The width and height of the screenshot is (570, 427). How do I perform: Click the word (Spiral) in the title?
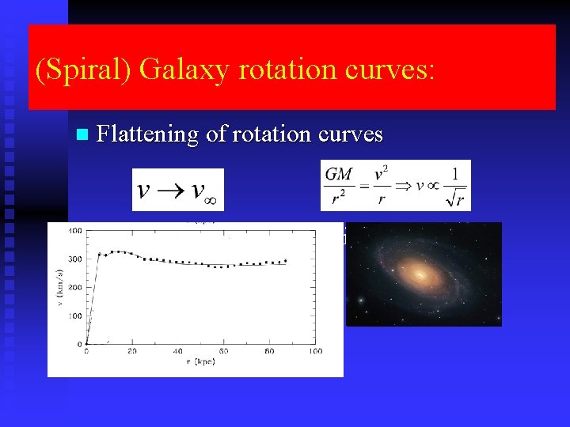click(x=84, y=70)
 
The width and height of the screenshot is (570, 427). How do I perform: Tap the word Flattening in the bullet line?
click(x=147, y=134)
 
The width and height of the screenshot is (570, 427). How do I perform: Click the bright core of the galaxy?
click(x=420, y=274)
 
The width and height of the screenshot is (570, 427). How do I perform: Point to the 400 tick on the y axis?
click(x=75, y=231)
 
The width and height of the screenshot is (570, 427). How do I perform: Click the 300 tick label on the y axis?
click(x=75, y=259)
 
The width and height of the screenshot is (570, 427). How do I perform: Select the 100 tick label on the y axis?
click(x=75, y=316)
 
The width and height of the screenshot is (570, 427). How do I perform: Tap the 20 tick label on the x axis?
click(x=131, y=351)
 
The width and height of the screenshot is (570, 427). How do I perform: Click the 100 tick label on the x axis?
click(x=315, y=351)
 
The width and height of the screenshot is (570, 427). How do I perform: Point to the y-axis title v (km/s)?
click(x=58, y=286)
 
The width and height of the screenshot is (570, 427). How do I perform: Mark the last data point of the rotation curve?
click(x=285, y=260)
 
